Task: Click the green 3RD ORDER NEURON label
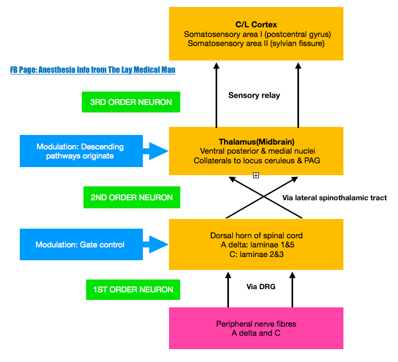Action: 131,102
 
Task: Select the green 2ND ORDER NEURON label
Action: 132,198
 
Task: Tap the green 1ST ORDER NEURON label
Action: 133,290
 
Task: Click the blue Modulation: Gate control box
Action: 80,245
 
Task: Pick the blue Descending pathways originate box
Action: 80,151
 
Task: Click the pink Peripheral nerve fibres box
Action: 256,328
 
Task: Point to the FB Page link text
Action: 93,70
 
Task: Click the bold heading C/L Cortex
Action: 256,25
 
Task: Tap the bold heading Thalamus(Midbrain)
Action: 256,142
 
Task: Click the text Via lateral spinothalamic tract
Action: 334,198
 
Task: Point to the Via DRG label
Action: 261,286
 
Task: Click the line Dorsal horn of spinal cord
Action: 256,236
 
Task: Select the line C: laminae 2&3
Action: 256,254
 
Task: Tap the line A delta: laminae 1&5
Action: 256,245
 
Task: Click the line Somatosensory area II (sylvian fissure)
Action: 256,43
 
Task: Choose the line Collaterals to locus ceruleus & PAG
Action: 256,160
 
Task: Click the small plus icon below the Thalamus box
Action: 256,176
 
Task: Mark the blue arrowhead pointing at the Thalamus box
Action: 158,151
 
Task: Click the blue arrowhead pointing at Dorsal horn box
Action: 158,245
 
